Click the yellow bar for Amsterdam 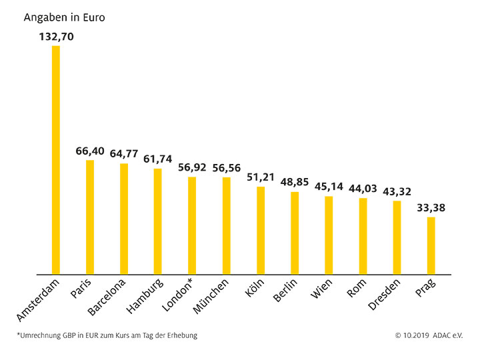point(56,160)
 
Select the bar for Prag point(431,245)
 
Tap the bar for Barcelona point(124,219)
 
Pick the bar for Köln point(261,230)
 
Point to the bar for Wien point(329,235)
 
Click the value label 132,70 point(56,37)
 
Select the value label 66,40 point(90,152)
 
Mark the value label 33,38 point(431,208)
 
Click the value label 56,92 point(192,168)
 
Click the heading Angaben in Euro point(64,17)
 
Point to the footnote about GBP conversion point(107,335)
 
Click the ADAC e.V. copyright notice point(429,335)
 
